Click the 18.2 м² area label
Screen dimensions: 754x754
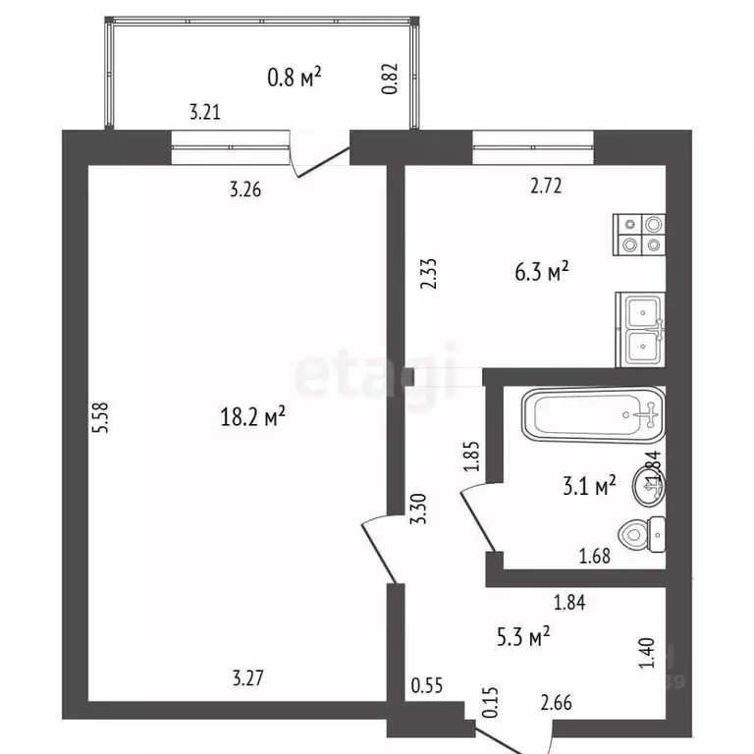pyautogui.click(x=253, y=417)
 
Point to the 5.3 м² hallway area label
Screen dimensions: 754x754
pyautogui.click(x=523, y=638)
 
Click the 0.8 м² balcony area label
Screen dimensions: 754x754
pyautogui.click(x=296, y=77)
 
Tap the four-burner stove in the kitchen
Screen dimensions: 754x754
pyautogui.click(x=640, y=235)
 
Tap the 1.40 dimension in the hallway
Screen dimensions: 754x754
pyautogui.click(x=645, y=653)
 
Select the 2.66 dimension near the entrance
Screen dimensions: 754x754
pyautogui.click(x=557, y=701)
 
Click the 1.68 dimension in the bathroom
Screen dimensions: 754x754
pyautogui.click(x=595, y=557)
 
